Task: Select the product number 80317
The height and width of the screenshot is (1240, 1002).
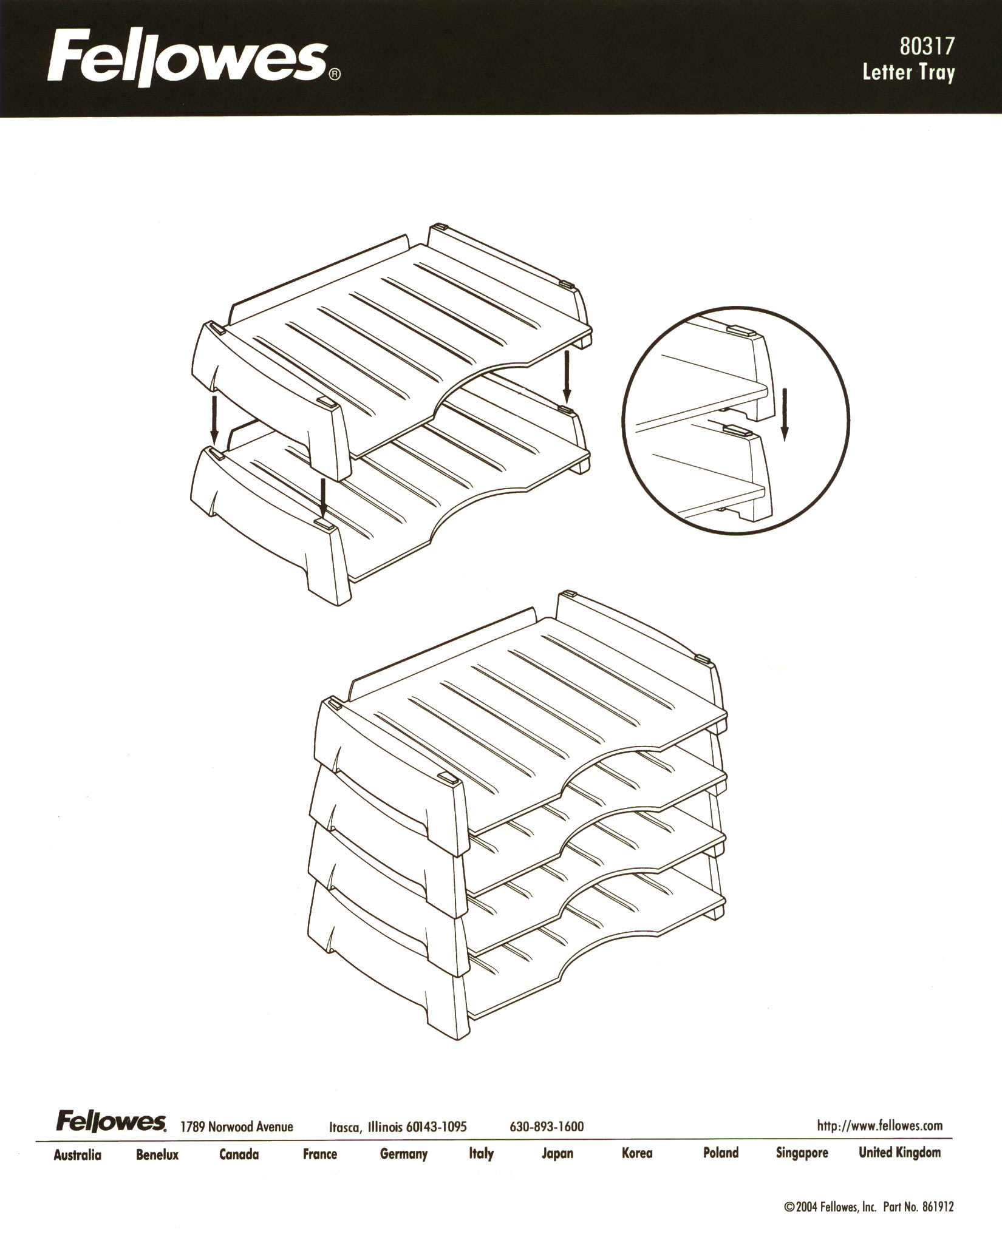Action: [x=927, y=46]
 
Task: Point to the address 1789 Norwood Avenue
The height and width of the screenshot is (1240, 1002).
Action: [x=237, y=1127]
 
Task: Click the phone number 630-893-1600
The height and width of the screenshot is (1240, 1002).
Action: [x=547, y=1127]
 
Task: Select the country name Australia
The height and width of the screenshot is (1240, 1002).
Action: [x=77, y=1155]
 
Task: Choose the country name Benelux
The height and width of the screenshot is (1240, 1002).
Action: [x=157, y=1155]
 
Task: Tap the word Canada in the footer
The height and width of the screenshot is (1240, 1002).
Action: [x=239, y=1154]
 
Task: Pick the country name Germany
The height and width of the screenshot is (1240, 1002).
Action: [x=404, y=1154]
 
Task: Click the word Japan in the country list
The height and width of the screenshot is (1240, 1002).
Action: [x=557, y=1154]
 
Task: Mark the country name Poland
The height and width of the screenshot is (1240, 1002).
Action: [x=721, y=1153]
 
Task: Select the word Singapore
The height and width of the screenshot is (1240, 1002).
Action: [x=802, y=1153]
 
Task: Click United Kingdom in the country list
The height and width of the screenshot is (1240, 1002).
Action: [x=900, y=1152]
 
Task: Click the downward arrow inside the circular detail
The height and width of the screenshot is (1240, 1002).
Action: [x=785, y=414]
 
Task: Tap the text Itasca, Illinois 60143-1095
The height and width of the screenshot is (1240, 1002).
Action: [x=398, y=1127]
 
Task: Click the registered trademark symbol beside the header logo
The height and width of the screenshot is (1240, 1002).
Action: [x=335, y=75]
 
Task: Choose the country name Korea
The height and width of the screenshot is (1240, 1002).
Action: [x=637, y=1153]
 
